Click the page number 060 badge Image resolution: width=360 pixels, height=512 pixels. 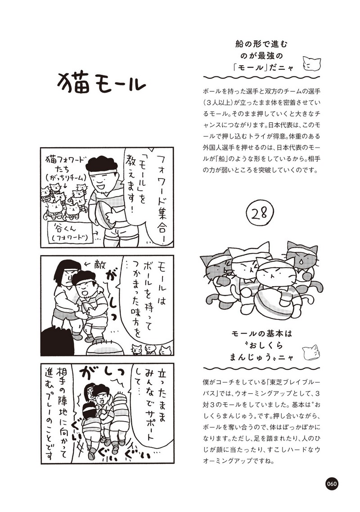click(x=331, y=484)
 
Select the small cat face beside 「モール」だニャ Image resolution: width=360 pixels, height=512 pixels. click(x=310, y=63)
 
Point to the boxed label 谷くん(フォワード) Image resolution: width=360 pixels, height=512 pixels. click(x=70, y=232)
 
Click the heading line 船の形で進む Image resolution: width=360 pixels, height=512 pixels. click(x=261, y=44)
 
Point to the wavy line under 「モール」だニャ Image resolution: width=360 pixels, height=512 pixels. click(x=261, y=78)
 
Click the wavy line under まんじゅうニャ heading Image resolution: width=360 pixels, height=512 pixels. click(x=261, y=368)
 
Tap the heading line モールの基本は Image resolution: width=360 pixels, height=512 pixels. click(x=261, y=334)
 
